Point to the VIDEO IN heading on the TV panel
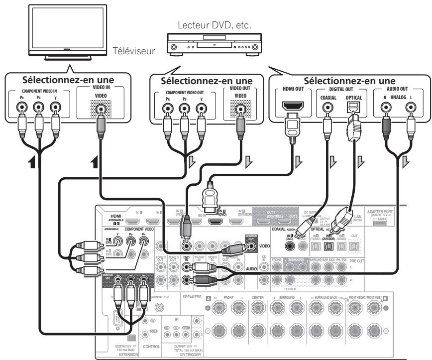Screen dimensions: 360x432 pos(101,87)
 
